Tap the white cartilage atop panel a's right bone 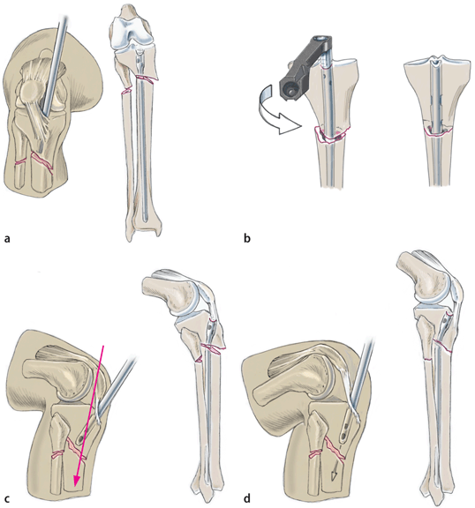(133, 32)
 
